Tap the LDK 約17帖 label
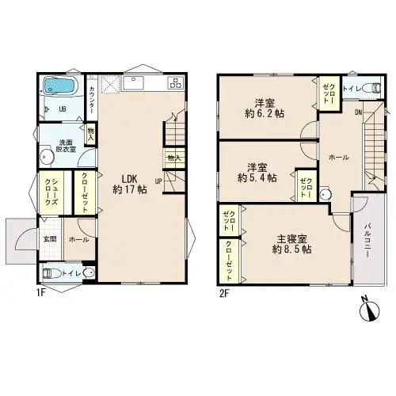(128, 184)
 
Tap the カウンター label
(93, 99)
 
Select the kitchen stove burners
(175, 82)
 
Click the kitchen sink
(132, 82)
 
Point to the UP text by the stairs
(158, 181)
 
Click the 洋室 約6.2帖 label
(265, 107)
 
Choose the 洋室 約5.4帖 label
(257, 172)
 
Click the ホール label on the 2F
(338, 157)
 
